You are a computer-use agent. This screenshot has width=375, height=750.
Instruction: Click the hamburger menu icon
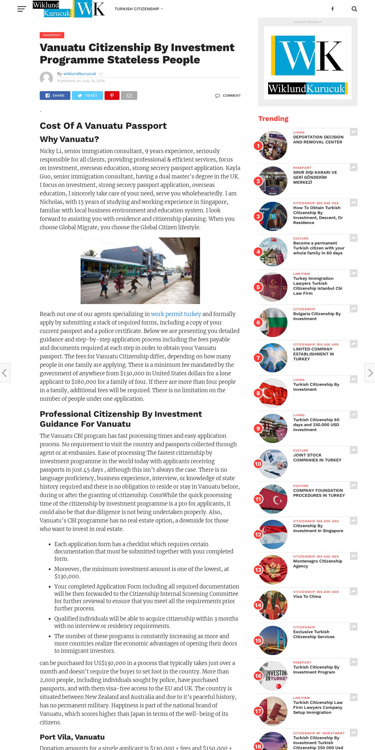click(22, 9)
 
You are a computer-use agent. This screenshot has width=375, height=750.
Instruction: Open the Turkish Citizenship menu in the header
click(138, 9)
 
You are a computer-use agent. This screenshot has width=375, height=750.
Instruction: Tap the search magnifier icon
click(354, 9)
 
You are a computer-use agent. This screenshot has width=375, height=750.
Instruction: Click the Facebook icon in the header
click(332, 9)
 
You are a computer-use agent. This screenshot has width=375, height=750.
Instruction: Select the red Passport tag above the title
click(52, 35)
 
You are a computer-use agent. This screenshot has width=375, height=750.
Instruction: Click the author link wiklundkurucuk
click(80, 74)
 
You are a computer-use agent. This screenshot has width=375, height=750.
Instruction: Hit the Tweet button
click(87, 96)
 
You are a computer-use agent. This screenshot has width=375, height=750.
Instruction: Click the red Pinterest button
click(112, 96)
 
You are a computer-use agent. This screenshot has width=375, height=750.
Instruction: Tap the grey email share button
click(129, 96)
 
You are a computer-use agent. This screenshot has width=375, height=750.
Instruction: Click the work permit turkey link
click(176, 314)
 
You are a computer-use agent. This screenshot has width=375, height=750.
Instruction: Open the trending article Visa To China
click(307, 596)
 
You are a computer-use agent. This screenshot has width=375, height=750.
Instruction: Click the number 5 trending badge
click(258, 287)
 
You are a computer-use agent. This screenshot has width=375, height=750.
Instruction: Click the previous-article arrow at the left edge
click(5, 373)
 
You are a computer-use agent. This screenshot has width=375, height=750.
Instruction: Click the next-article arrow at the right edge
click(370, 373)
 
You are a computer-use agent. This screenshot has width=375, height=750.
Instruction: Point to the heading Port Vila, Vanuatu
click(72, 737)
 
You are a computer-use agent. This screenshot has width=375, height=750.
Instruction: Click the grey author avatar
click(46, 78)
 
